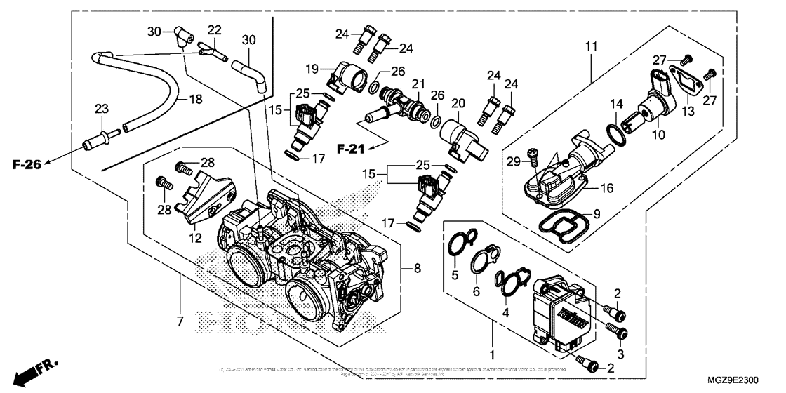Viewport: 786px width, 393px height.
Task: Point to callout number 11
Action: click(x=591, y=47)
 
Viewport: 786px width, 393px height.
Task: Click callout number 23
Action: click(x=102, y=109)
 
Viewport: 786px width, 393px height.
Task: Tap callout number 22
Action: click(x=214, y=29)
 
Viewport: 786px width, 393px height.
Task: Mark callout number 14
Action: click(x=615, y=105)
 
